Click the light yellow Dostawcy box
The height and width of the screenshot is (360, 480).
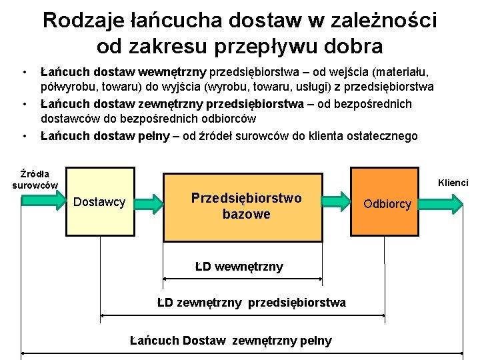(x=100, y=202)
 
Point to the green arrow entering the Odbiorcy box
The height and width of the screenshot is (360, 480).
(x=338, y=201)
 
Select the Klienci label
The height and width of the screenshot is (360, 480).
(x=453, y=182)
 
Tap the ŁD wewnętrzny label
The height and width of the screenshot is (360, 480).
(x=239, y=267)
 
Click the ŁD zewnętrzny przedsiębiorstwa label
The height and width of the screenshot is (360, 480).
(x=251, y=303)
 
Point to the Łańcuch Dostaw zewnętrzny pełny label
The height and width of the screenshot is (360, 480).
(x=231, y=341)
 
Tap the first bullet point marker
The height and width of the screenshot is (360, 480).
(x=24, y=71)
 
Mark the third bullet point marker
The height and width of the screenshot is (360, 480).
(x=24, y=137)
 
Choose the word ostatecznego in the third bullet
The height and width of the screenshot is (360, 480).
(x=381, y=136)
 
